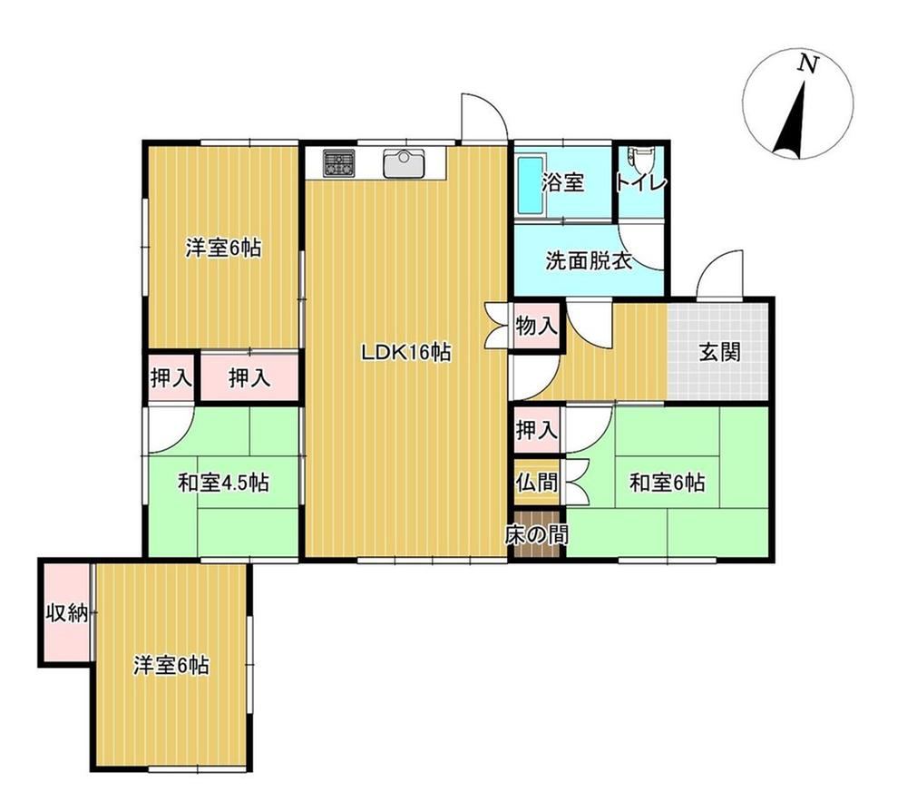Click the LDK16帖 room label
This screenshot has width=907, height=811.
[406, 352]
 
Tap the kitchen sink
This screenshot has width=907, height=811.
[405, 163]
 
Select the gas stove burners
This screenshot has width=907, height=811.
[339, 162]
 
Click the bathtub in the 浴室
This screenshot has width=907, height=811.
[531, 185]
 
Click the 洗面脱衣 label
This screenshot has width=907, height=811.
[589, 261]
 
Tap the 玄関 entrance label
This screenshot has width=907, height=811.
[720, 352]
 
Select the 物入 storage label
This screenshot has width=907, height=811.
[537, 327]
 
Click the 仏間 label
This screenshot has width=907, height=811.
[537, 482]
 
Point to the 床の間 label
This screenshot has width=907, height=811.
[537, 535]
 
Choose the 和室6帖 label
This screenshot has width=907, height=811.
[667, 482]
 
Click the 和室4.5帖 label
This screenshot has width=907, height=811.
[223, 482]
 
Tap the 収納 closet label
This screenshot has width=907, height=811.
[67, 612]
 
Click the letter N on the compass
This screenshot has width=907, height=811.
[808, 64]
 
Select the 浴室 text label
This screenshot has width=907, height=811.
[562, 183]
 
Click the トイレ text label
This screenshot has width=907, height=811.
[641, 183]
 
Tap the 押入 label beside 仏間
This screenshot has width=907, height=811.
[537, 430]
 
